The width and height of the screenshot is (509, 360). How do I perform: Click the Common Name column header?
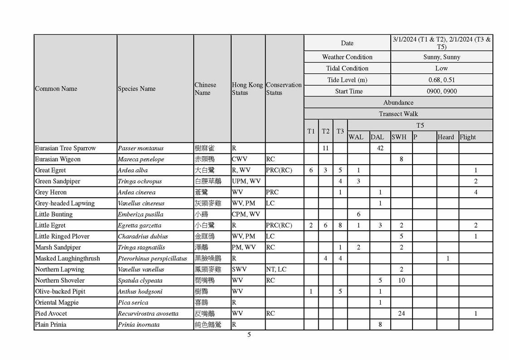coord(56,89)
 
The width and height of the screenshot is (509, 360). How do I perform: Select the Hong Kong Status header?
coord(247,89)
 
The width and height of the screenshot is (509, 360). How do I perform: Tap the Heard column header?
coord(446,137)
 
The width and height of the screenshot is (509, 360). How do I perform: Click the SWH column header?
coord(399,137)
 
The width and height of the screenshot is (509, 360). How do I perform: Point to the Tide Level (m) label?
coord(347,80)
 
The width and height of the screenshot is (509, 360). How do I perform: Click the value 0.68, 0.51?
coord(441,80)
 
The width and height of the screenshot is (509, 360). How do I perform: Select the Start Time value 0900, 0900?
coord(441,91)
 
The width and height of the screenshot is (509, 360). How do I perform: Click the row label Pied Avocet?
coord(51,313)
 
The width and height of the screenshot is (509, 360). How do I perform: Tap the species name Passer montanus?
coord(141,148)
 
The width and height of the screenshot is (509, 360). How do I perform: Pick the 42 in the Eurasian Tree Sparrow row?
coord(380,148)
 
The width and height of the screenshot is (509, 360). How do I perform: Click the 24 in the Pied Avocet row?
coord(401,313)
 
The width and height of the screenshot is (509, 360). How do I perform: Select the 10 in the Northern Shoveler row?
coord(401,280)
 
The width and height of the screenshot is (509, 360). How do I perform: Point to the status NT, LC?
coord(276,269)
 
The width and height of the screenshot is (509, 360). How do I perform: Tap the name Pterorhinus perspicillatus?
coord(152,258)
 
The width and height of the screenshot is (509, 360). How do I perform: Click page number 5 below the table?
coord(249,335)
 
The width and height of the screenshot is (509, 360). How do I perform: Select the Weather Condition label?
coord(347,57)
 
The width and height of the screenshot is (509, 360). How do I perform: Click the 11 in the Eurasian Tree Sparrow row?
coord(325,148)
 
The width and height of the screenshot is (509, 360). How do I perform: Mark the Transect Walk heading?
coord(398,114)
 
